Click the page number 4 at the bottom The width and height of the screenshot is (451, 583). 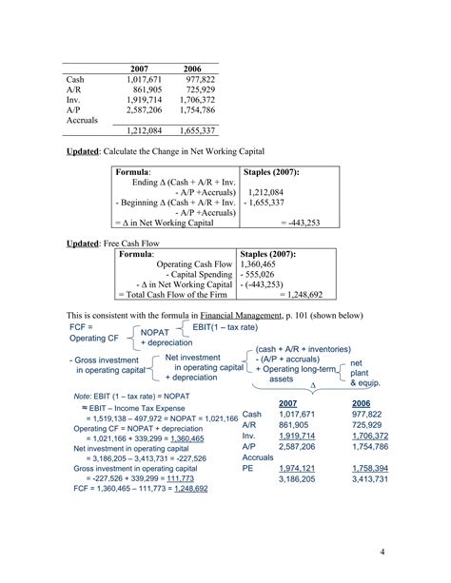(381, 553)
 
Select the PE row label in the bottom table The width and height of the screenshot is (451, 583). (248, 469)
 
